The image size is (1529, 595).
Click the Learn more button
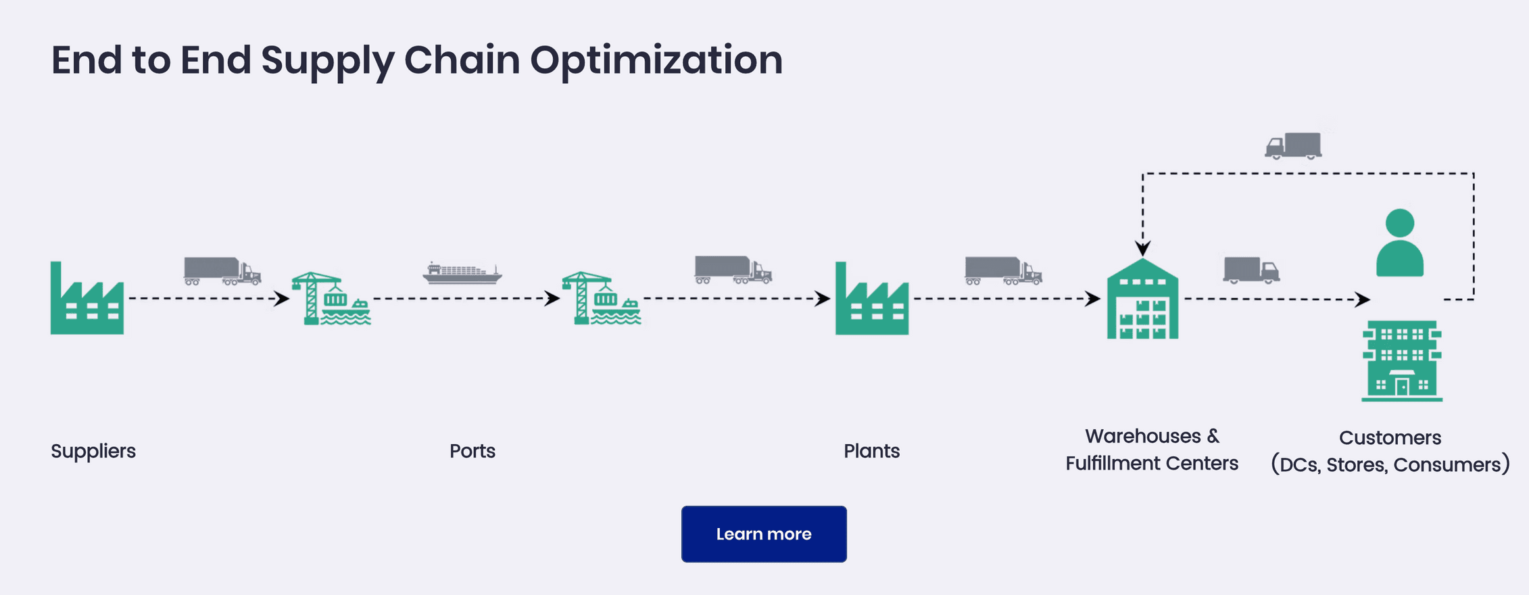764,534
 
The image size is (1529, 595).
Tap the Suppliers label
93,451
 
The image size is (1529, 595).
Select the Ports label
472,451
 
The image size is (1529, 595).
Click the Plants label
871,451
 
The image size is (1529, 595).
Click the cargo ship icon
462,272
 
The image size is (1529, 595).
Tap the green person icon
1400,243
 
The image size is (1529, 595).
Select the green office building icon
1402,361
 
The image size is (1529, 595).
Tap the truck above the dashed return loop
1294,146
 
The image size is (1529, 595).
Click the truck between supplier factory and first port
222,271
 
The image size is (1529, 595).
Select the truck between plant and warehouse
1003,271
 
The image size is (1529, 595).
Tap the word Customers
1390,438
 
